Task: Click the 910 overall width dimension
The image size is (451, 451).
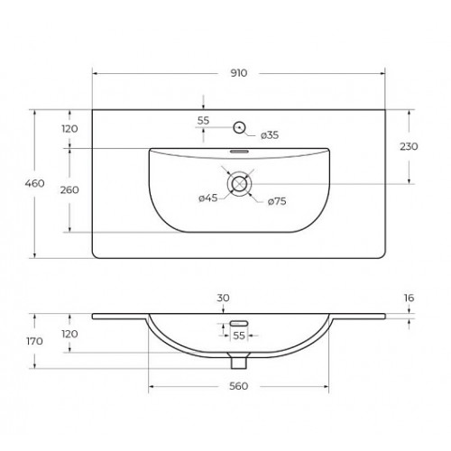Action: click(x=239, y=73)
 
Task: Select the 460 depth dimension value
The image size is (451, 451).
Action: click(x=35, y=183)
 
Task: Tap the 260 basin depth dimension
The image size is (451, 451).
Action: click(x=69, y=189)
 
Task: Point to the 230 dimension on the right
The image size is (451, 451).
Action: click(x=409, y=146)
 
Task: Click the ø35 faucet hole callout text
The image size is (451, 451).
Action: click(x=270, y=135)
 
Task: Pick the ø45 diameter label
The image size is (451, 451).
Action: click(x=208, y=198)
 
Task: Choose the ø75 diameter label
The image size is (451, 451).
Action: click(x=277, y=201)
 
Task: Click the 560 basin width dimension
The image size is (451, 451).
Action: click(x=239, y=386)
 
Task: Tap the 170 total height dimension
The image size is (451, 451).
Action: click(x=34, y=341)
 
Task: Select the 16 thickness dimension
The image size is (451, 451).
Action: click(x=409, y=298)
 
